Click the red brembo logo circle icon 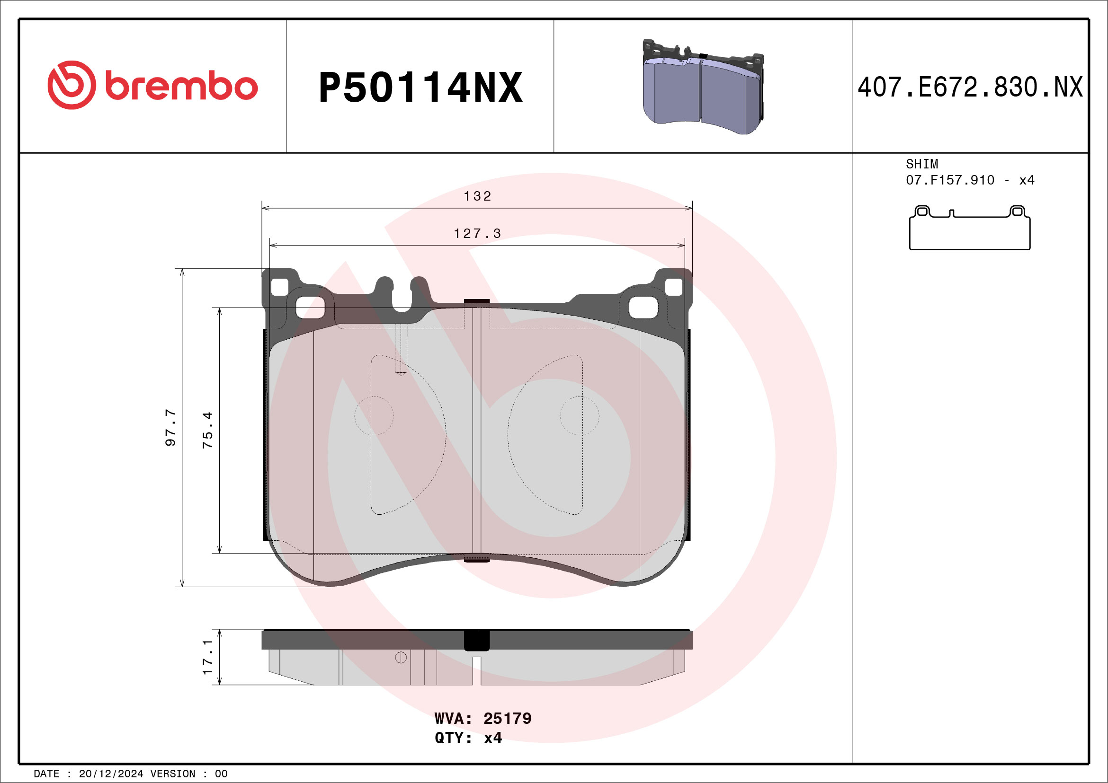pyautogui.click(x=71, y=85)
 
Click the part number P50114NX pyautogui.click(x=420, y=88)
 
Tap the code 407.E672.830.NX pyautogui.click(x=970, y=88)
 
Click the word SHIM pyautogui.click(x=922, y=164)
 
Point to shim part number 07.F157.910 pyautogui.click(x=950, y=180)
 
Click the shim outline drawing pyautogui.click(x=970, y=228)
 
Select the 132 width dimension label pyautogui.click(x=477, y=196)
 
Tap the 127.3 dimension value pyautogui.click(x=477, y=234)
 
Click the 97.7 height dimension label pyautogui.click(x=170, y=427)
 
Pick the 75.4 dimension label pyautogui.click(x=207, y=430)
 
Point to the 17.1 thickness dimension pyautogui.click(x=207, y=657)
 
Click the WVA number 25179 pyautogui.click(x=507, y=718)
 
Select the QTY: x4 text pyautogui.click(x=468, y=738)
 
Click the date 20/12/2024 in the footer pyautogui.click(x=111, y=774)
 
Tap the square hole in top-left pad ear pyautogui.click(x=279, y=287)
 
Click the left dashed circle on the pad pyautogui.click(x=374, y=415)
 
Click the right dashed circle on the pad pyautogui.click(x=579, y=415)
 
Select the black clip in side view pyautogui.click(x=476, y=640)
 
